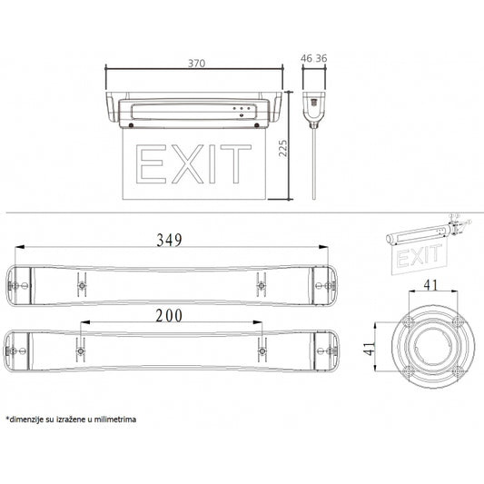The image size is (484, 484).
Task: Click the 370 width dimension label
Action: pos(197,63)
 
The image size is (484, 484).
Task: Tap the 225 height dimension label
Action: pos(282,149)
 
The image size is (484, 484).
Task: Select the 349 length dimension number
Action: pos(169,240)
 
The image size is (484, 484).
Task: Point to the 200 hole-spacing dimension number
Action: pos(169,315)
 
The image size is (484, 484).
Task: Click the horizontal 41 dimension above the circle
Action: pos(430,285)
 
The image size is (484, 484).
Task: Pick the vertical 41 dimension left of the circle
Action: pos(370,349)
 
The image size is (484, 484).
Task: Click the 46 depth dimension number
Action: pos(306,58)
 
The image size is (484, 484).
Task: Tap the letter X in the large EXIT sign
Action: pos(187,164)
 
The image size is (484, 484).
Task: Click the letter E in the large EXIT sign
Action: pos(152,164)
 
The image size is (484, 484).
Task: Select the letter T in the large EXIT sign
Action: pos(236,164)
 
